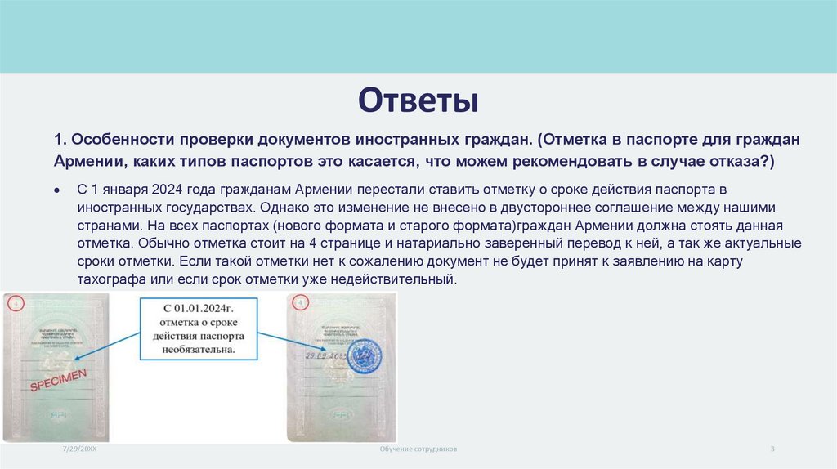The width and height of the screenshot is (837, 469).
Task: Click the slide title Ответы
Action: click(x=418, y=102)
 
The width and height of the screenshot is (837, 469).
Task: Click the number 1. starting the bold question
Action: click(x=60, y=140)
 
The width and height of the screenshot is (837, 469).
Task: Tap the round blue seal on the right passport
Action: click(x=366, y=356)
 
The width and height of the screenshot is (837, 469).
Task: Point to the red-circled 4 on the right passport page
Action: click(x=300, y=303)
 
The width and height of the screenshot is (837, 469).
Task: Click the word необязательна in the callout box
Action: click(x=196, y=349)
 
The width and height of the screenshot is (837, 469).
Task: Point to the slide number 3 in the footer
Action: click(x=772, y=450)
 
